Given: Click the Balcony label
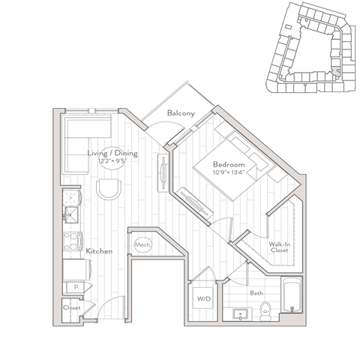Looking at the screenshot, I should point(182,113).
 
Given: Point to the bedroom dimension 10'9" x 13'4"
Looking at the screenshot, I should point(228,173).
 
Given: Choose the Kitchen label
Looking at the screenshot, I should point(99,250).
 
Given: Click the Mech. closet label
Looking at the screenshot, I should point(142,245).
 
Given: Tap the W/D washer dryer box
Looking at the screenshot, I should point(204,300).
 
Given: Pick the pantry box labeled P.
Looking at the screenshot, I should point(76,286).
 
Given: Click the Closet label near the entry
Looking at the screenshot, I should point(72,307).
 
